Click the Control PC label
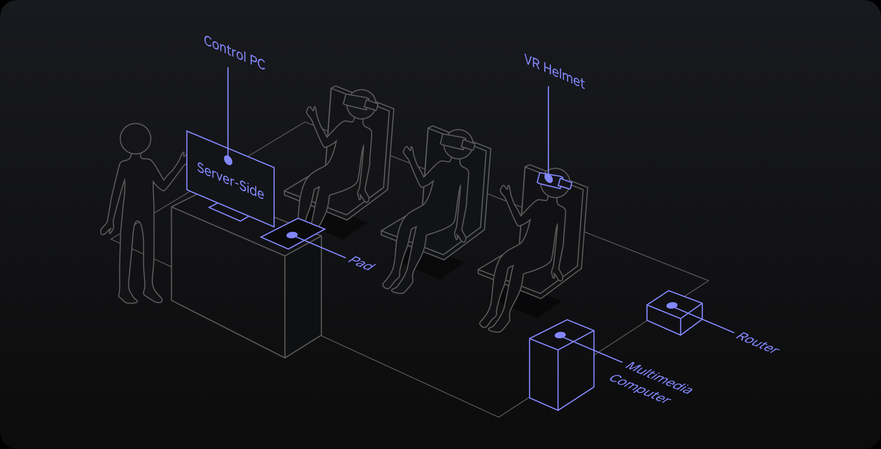(235, 53)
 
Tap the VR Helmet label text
(555, 72)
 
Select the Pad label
(362, 263)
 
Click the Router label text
(757, 343)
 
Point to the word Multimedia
(659, 378)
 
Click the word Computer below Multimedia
(640, 389)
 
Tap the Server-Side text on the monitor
(231, 180)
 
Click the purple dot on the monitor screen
(228, 161)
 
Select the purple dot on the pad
(292, 235)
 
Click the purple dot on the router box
(672, 306)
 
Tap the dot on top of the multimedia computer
(560, 335)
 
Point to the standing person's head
(136, 139)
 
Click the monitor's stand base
(229, 212)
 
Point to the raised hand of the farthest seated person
(311, 113)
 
